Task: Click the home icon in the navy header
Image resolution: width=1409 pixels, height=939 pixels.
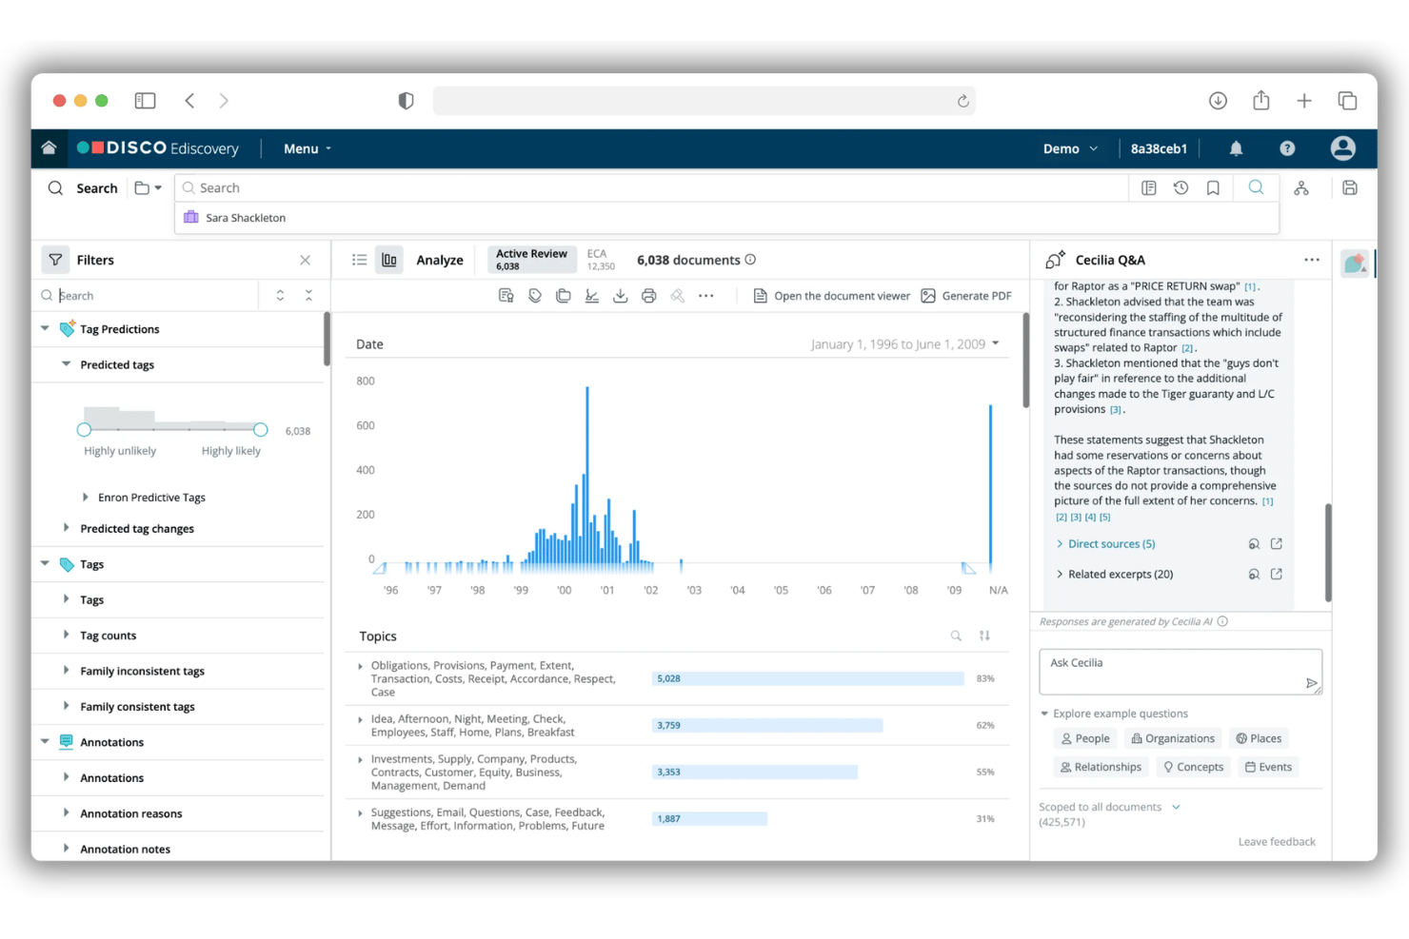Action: coord(49,147)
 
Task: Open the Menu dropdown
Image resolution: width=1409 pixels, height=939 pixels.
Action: coord(307,149)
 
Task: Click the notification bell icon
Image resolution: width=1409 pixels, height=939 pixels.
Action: coord(1236,148)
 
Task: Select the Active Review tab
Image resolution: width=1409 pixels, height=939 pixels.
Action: coord(531,259)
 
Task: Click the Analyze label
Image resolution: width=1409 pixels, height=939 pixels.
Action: coord(440,260)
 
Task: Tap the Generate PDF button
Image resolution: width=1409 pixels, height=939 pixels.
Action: coord(967,296)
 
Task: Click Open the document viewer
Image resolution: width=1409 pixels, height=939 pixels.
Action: coord(831,296)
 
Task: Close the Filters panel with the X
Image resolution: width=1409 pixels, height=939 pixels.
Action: coord(305,260)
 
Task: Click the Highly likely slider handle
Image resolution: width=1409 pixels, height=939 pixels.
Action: coord(261,430)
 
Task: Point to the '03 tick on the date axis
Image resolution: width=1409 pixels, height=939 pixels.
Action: coord(694,590)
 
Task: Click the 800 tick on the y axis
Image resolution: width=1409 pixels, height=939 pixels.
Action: coord(366,381)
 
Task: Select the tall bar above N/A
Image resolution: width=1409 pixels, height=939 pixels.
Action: coord(991,488)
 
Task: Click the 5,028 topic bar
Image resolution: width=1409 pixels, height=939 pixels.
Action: coord(807,678)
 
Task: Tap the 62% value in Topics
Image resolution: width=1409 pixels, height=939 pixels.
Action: coord(985,725)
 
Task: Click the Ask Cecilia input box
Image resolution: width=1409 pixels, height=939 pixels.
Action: coord(1181,672)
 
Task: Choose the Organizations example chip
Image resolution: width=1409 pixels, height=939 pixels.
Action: coord(1173,738)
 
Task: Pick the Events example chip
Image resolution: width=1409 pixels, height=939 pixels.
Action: coord(1268,767)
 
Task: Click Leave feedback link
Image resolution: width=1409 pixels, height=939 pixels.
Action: coord(1277,842)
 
